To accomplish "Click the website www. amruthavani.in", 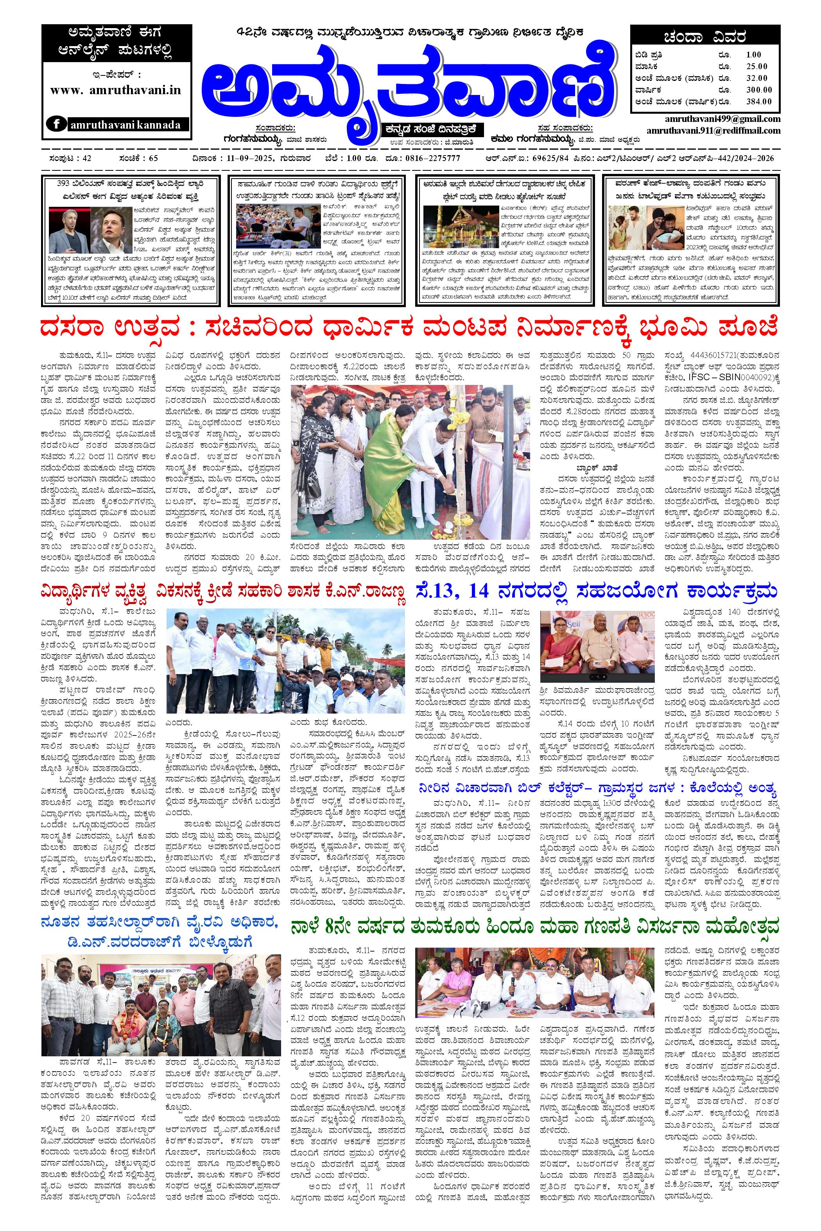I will [116, 89].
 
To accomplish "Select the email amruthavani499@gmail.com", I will [713, 119].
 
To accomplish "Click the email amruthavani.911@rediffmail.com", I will [713, 131].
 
